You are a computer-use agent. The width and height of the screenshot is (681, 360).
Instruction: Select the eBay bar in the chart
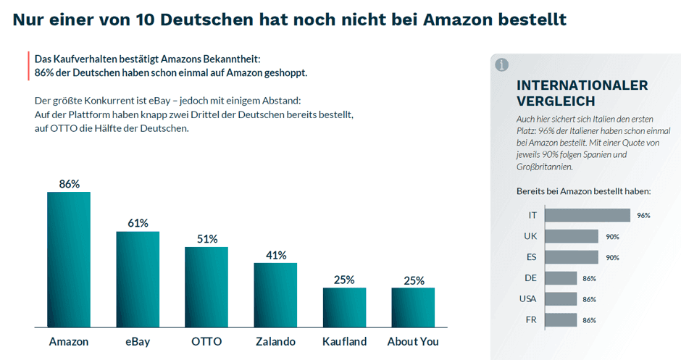click(138, 279)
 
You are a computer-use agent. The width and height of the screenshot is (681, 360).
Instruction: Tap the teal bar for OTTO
click(206, 287)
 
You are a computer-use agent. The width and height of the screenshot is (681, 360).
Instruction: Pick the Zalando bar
click(275, 295)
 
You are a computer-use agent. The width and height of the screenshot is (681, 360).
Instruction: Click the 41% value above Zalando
click(275, 256)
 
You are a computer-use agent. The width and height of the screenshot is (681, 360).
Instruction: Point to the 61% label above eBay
click(138, 223)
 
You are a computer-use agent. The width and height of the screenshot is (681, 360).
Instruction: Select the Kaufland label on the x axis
click(344, 341)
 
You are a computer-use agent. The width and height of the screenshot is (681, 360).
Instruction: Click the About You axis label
click(413, 341)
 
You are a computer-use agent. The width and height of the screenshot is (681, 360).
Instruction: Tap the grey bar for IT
click(587, 215)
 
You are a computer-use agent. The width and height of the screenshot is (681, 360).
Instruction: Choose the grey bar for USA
click(560, 299)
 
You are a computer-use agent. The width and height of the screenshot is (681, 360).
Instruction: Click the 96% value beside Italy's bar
click(643, 216)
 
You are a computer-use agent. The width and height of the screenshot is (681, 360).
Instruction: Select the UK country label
click(530, 236)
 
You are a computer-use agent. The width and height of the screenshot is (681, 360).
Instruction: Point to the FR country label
click(530, 320)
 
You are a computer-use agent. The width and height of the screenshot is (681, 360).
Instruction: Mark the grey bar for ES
click(571, 257)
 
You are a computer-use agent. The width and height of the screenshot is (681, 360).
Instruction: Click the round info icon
click(501, 65)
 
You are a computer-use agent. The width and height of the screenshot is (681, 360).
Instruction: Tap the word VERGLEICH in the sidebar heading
click(556, 101)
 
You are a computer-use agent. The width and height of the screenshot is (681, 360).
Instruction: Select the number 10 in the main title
click(145, 19)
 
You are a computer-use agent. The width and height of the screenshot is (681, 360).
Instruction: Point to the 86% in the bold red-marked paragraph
click(45, 73)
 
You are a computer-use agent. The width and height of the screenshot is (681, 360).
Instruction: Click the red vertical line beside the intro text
click(28, 66)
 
